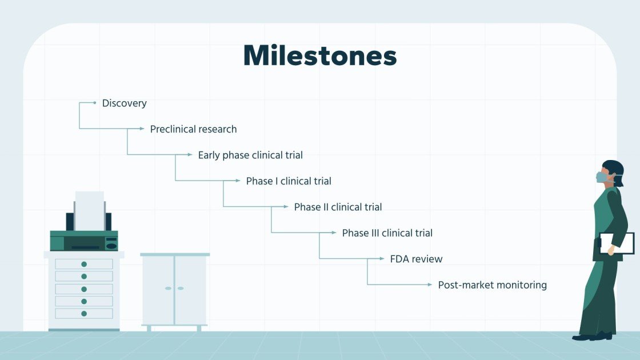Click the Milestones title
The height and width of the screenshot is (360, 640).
319,55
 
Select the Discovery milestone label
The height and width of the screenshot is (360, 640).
124,103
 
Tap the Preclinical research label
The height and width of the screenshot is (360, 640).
193,129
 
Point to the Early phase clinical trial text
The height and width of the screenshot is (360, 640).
250,155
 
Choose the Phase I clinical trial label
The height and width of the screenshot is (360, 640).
289,181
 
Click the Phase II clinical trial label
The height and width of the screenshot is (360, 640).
338,207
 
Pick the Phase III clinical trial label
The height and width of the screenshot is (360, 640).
387,233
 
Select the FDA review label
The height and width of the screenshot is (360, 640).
416,259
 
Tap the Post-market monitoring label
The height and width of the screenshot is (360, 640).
492,285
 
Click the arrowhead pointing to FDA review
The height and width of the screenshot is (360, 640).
383,259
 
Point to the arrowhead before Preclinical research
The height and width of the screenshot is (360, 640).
143,129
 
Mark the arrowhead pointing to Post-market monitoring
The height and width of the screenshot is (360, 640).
431,285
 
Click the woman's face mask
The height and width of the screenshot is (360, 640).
602,177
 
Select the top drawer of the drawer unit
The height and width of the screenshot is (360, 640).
84,264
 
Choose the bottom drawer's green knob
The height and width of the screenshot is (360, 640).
84,313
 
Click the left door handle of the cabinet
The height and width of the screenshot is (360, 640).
168,288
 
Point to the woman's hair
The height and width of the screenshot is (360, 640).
615,169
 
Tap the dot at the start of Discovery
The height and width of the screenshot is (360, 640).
95,103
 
